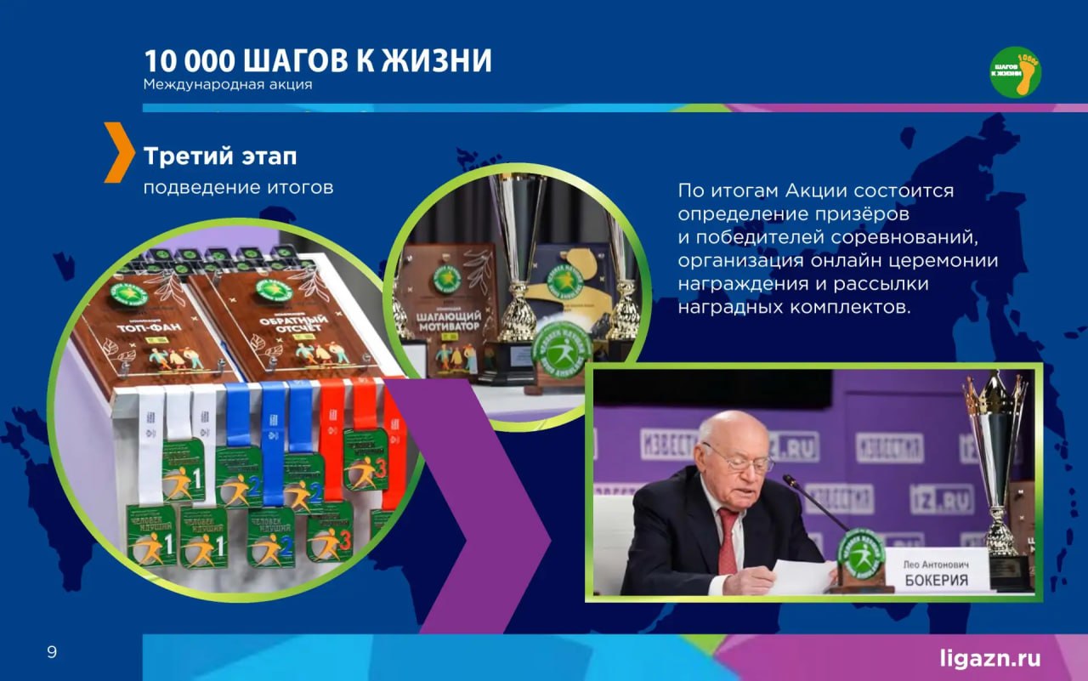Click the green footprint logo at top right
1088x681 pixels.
tap(1015, 72)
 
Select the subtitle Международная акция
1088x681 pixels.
tap(228, 85)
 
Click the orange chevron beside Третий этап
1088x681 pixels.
tap(118, 152)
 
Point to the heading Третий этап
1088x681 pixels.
tap(220, 156)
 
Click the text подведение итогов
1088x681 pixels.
tap(238, 187)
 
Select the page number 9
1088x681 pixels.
tap(52, 653)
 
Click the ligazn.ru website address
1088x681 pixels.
tap(989, 657)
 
